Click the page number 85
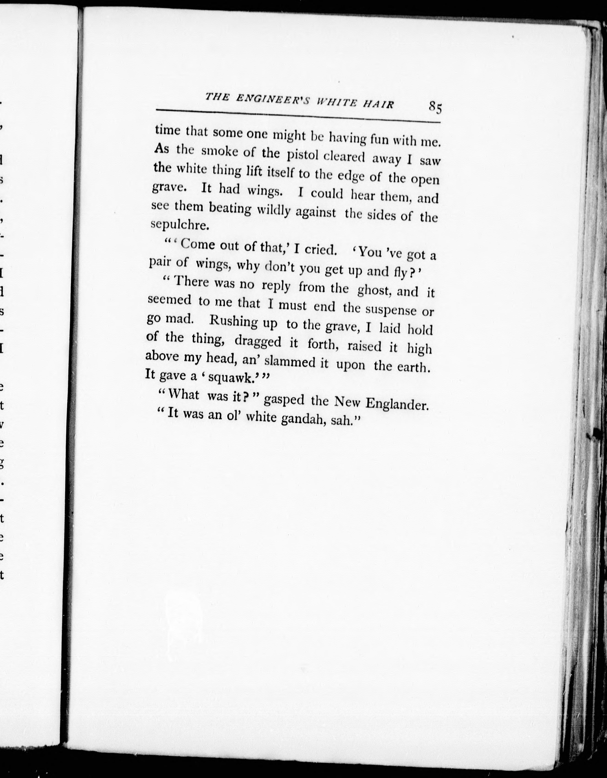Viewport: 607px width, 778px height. (x=435, y=107)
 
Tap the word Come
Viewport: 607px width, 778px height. (x=199, y=246)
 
